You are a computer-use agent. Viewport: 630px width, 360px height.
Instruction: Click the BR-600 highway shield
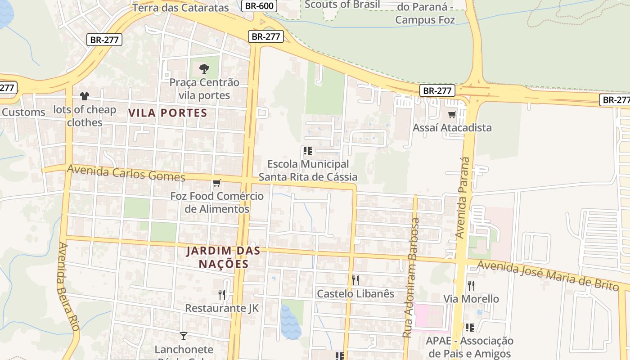point(259,6)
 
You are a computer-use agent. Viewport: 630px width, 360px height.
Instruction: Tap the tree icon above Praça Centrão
point(204,69)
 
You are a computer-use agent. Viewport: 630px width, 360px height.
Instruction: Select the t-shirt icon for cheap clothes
point(85,96)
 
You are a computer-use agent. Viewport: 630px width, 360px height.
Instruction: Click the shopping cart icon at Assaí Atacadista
point(452,114)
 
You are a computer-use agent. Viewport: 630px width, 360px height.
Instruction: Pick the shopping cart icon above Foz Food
point(216,183)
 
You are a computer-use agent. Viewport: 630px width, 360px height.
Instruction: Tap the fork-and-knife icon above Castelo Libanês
point(355,280)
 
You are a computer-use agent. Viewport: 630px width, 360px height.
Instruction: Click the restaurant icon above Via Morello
point(471,285)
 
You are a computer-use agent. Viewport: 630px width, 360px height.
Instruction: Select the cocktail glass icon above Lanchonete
point(183,336)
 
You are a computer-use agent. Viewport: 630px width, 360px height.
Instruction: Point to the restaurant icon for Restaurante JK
point(221,295)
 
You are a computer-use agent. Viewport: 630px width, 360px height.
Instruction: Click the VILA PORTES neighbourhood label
point(168,113)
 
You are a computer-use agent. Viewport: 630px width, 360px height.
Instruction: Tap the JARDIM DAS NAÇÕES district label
point(224,257)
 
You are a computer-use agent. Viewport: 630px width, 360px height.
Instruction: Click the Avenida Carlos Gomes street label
point(126,173)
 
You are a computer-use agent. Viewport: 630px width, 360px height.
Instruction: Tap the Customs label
point(23,112)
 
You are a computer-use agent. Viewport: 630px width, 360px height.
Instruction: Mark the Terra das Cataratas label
point(181,8)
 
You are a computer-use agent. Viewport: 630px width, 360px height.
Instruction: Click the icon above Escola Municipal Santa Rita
point(308,151)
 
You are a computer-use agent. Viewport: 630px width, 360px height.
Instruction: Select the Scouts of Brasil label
point(342,5)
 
